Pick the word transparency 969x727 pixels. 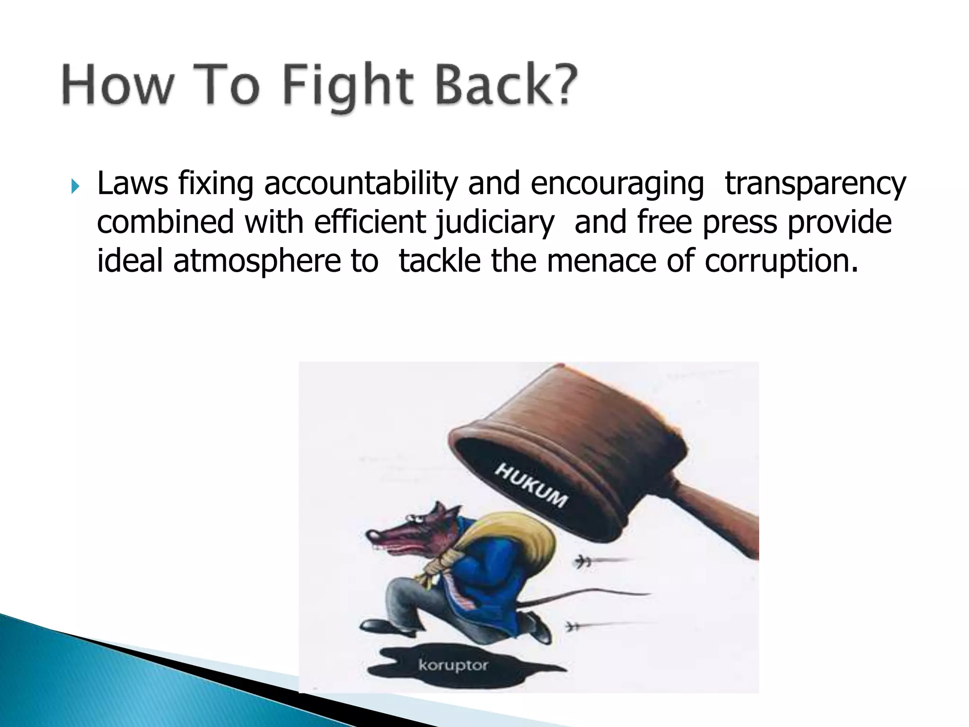815,185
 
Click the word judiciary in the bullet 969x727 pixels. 494,222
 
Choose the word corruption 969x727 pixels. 781,261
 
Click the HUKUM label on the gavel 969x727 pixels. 530,485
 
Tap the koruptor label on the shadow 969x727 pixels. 453,665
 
